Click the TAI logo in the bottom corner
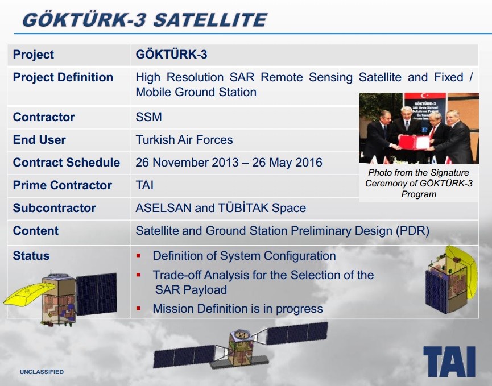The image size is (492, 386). pos(449,361)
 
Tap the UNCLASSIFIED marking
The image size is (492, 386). pos(42,372)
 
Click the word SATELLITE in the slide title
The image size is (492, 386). pos(210,20)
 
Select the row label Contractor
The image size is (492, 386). pos(44,117)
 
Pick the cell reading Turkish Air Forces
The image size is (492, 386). pos(184,140)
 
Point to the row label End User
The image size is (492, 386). pos(39,140)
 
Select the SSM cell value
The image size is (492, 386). pos(148,117)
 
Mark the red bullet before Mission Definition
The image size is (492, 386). pos(138,309)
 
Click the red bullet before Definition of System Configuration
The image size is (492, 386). pos(138,256)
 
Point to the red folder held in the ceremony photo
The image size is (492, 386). pos(414,143)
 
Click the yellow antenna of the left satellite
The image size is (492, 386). pos(28,293)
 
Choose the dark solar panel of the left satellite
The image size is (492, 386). pos(96,294)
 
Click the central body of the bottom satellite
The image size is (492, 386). pos(241,348)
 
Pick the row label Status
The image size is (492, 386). pos(31,256)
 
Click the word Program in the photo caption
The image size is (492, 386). pos(419,194)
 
